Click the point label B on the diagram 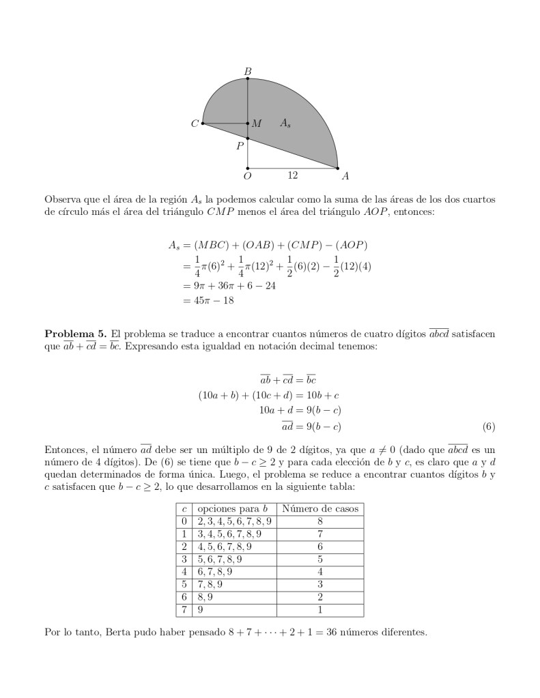[x=247, y=71]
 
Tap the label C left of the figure [x=195, y=124]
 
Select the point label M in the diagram [x=257, y=124]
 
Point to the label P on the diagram [x=240, y=145]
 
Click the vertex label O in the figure [x=247, y=176]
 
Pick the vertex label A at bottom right [x=345, y=176]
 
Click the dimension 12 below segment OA [x=292, y=175]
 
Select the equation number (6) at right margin [x=488, y=428]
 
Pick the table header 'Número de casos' [x=320, y=509]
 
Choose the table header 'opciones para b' [x=236, y=509]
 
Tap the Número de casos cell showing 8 [x=320, y=522]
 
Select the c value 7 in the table [x=184, y=609]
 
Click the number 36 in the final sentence [x=319, y=632]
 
